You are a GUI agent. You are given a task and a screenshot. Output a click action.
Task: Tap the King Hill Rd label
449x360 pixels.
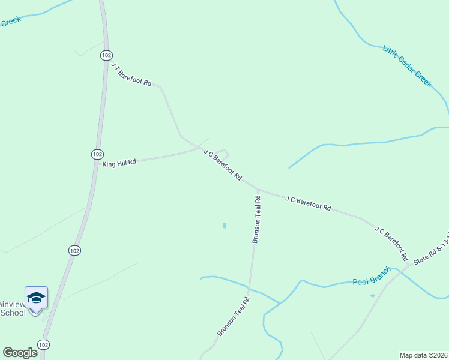click(119, 163)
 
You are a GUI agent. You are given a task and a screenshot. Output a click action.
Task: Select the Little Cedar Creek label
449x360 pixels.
click(407, 66)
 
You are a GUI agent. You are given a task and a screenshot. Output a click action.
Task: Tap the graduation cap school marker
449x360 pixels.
click(36, 298)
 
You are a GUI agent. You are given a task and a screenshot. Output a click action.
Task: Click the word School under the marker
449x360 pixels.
click(13, 313)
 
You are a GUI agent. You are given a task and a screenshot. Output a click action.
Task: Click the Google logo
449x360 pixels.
click(20, 353)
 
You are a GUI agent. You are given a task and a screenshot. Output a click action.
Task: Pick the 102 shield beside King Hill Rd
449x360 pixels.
click(97, 154)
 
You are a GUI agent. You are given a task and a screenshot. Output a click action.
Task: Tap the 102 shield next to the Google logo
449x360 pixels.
click(43, 344)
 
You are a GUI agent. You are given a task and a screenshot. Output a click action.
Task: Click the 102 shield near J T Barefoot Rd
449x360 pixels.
click(106, 55)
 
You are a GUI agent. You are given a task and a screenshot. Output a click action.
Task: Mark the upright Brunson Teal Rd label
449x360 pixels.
click(256, 217)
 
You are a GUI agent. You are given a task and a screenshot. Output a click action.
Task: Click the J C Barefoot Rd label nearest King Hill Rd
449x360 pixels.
click(222, 165)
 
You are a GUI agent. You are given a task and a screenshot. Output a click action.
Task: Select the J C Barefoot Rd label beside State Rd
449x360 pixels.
click(391, 244)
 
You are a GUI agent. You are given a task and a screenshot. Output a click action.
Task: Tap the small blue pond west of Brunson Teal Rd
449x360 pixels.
click(224, 226)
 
